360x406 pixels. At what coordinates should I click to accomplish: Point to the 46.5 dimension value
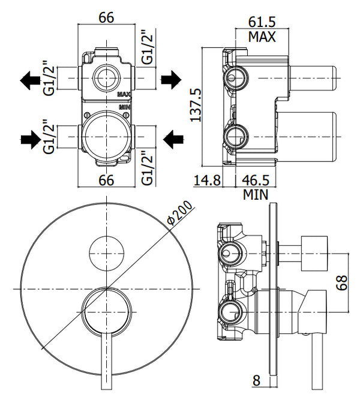pyautogui.click(x=255, y=180)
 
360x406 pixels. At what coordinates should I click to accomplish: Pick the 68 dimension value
pyautogui.click(x=342, y=282)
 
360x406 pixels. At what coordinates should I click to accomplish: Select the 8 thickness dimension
pyautogui.click(x=256, y=380)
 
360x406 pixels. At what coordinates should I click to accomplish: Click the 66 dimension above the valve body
pyautogui.click(x=106, y=17)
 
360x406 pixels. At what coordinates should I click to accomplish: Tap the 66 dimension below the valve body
pyautogui.click(x=106, y=180)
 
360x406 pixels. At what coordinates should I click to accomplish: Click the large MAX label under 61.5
pyautogui.click(x=262, y=37)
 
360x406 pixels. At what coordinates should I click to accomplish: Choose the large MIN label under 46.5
pyautogui.click(x=256, y=194)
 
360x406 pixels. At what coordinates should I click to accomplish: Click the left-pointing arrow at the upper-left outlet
pyautogui.click(x=29, y=78)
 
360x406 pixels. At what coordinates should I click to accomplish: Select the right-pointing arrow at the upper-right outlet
pyautogui.click(x=172, y=78)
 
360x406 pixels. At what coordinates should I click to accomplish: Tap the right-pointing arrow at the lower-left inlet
pyautogui.click(x=29, y=140)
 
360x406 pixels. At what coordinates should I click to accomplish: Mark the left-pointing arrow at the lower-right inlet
pyautogui.click(x=173, y=140)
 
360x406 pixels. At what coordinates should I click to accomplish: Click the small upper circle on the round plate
pyautogui.click(x=106, y=252)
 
